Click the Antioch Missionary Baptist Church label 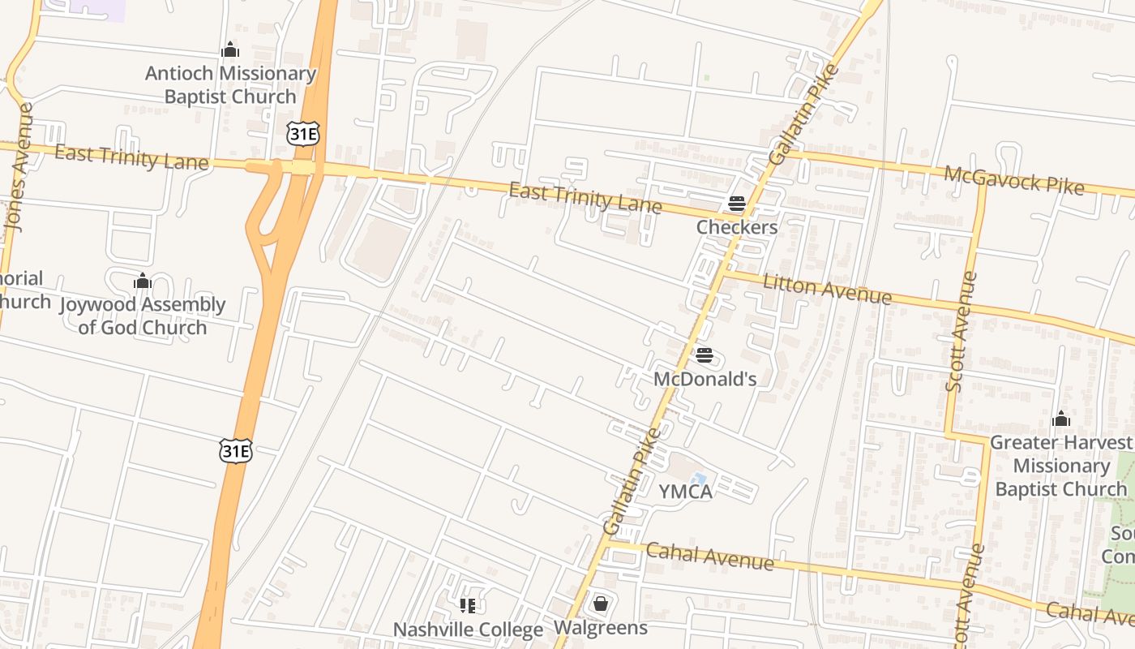tap(230, 85)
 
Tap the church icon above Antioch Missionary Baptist tap(230, 50)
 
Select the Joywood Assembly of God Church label tap(143, 316)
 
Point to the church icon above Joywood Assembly tap(143, 282)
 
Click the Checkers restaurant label tap(737, 227)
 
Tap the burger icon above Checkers tap(737, 203)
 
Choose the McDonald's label tap(705, 379)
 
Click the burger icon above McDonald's tap(705, 355)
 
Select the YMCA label tap(685, 492)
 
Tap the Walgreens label tap(601, 628)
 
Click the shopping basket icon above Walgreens tap(601, 604)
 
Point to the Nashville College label tap(468, 630)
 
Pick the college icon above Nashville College tap(468, 605)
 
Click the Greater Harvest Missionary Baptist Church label tap(1060, 466)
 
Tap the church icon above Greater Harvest tap(1060, 419)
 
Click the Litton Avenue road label tap(827, 289)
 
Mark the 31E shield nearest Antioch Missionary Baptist tap(302, 134)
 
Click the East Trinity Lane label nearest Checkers tap(585, 198)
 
